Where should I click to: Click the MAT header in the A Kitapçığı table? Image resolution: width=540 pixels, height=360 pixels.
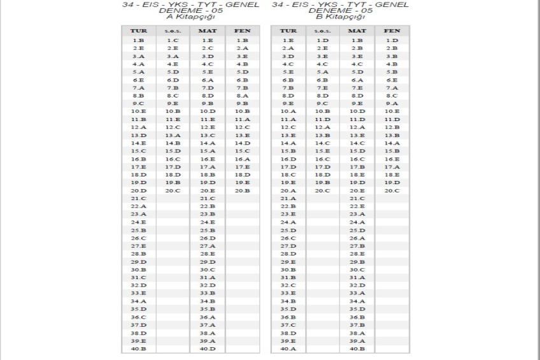208,31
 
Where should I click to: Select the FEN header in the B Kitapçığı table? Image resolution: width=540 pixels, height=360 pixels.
392,31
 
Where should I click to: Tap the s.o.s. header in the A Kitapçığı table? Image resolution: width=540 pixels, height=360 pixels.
173,31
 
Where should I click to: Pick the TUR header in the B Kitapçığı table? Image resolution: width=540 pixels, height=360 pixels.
288,31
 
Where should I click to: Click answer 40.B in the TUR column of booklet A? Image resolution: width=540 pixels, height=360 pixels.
139,349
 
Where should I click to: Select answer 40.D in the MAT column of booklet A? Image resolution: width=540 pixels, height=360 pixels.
208,349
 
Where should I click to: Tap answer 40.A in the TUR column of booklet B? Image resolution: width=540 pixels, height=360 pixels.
288,349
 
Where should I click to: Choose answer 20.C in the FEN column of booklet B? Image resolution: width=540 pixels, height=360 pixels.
392,190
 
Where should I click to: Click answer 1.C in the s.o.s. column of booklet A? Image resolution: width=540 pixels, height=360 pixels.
173,40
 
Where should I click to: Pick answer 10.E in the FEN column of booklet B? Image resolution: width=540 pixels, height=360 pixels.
392,111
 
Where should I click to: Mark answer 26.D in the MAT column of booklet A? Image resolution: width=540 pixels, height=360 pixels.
208,238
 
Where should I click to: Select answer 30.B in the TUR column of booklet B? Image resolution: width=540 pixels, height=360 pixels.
288,270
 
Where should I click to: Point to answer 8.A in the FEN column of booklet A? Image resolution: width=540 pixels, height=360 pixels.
242,95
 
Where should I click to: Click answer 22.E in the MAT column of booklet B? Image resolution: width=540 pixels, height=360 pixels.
357,206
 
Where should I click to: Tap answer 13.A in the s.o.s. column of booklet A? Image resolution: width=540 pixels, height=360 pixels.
173,135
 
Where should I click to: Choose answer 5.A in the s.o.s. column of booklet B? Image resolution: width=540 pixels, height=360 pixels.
323,71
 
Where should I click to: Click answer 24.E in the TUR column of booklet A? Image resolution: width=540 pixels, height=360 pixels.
139,222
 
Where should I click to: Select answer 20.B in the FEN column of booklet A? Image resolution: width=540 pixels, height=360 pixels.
242,190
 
